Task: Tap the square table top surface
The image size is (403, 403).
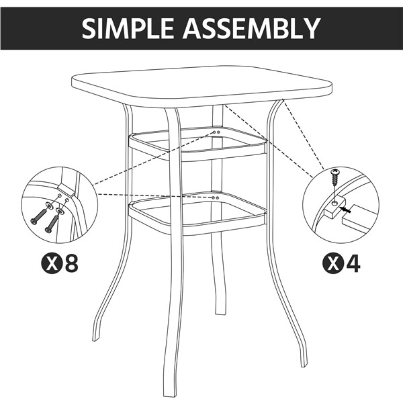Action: click(201, 85)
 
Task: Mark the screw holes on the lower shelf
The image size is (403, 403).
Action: click(214, 198)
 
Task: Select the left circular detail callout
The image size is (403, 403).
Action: click(59, 205)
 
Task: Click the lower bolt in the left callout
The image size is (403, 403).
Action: click(51, 224)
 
